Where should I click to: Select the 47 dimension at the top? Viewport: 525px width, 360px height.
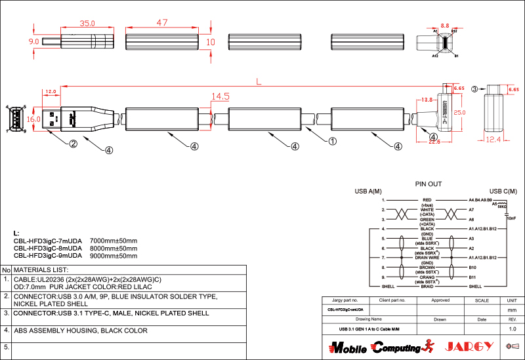click(163, 23)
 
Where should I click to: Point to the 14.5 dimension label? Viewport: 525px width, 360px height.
click(220, 96)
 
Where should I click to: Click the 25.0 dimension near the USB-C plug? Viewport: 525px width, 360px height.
click(459, 113)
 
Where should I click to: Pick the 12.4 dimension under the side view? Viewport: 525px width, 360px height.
click(494, 140)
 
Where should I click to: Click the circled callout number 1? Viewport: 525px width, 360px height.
click(333, 140)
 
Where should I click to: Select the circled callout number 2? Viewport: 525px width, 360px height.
click(73, 144)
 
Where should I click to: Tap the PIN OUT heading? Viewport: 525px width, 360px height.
click(429, 184)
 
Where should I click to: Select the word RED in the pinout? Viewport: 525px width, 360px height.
click(427, 199)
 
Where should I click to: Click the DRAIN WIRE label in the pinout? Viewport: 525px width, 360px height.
click(427, 258)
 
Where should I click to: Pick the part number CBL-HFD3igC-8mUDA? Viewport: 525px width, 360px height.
click(48, 249)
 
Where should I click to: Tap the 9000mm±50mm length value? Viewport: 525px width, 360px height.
click(114, 256)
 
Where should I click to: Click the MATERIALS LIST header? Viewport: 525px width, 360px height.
click(41, 270)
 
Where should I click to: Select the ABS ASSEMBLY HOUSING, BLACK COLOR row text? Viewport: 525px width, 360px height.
click(81, 330)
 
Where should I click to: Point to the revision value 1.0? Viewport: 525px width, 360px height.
click(513, 329)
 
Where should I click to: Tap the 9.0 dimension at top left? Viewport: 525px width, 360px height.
click(33, 41)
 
